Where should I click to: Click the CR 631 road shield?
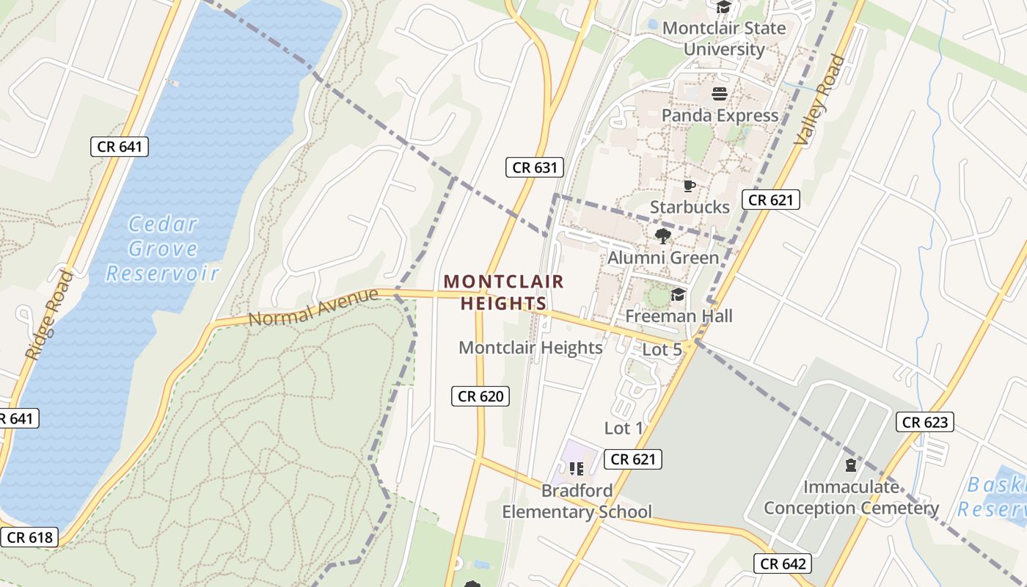tap(535, 167)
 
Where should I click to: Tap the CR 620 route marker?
tap(480, 396)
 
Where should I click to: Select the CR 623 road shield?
tap(925, 422)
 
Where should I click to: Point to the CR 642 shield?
tap(783, 564)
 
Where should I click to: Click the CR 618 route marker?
tap(29, 537)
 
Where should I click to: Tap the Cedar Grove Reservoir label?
tap(162, 249)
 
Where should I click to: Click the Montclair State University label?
tap(723, 39)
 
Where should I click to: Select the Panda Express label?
tap(720, 115)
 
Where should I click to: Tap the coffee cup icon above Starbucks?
tap(689, 186)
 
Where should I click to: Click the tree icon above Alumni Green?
tap(663, 236)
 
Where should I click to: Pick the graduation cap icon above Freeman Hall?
tap(679, 295)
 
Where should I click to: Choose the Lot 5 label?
tap(662, 350)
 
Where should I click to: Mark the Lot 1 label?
tap(624, 428)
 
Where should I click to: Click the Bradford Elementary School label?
tap(577, 501)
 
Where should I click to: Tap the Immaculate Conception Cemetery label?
tap(851, 497)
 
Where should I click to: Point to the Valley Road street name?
tap(820, 100)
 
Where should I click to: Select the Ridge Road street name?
tap(49, 316)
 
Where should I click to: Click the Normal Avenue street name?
tap(313, 307)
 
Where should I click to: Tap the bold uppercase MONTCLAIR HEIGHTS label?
tap(504, 292)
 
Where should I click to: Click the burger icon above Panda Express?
tap(720, 94)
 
